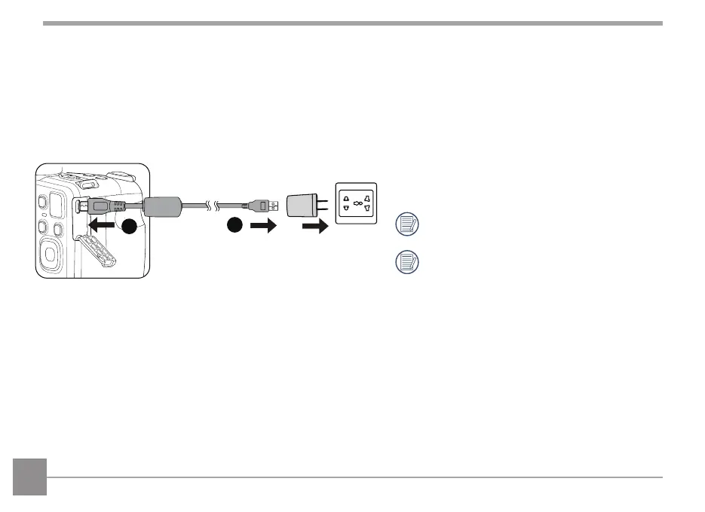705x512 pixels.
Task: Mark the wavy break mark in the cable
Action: point(213,204)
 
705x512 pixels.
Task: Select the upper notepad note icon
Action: point(407,224)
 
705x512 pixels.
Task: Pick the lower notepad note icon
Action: point(407,262)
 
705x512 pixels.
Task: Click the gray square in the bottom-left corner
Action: point(29,477)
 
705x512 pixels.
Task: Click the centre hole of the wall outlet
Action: point(357,203)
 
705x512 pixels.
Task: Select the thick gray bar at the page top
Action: point(352,23)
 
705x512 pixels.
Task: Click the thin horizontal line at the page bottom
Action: point(354,477)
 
